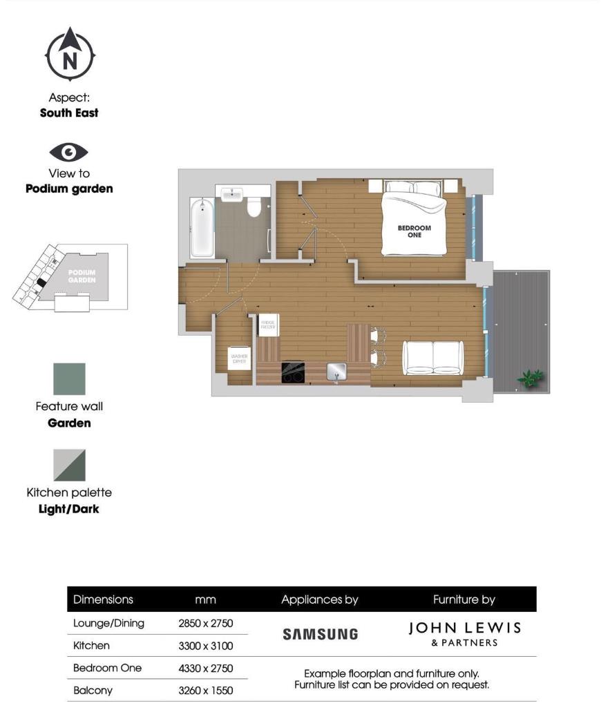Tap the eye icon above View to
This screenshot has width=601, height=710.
click(69, 152)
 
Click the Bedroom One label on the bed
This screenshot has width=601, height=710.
click(414, 231)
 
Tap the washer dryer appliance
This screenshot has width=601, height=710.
click(240, 357)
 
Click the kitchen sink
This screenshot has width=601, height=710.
click(337, 372)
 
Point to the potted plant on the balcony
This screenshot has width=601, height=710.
click(531, 378)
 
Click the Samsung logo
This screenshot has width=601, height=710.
click(321, 633)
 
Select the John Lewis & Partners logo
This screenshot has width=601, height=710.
click(464, 633)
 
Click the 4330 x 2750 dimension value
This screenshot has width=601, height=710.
click(206, 668)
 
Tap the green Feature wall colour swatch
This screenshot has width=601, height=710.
click(70, 379)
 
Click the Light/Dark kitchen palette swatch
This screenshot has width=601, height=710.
click(70, 465)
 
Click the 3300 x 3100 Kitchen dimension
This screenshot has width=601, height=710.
click(206, 646)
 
